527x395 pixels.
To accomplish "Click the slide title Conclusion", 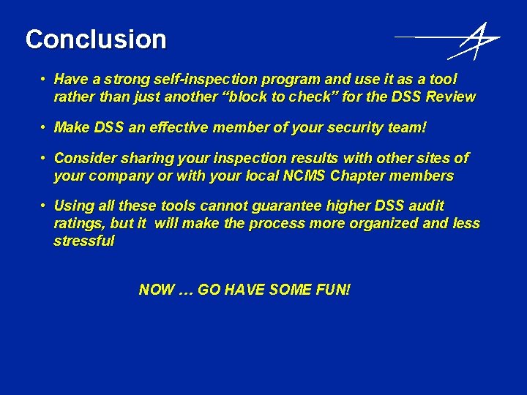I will tap(96, 39).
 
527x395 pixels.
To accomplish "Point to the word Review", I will tap(451, 97).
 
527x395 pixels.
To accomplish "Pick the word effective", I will tap(179, 128).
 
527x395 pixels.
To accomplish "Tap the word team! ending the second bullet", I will tap(407, 128).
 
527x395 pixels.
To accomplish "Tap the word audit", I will tap(423, 206).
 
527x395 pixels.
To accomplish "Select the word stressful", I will tap(84, 241).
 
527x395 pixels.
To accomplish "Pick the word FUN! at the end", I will tap(332, 290).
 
